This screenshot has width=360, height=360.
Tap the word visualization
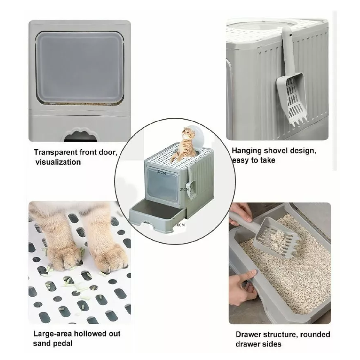(58, 162)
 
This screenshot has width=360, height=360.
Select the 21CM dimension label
(184, 189)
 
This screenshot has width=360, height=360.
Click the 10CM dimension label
(180, 224)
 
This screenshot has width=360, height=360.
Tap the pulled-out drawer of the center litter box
(156, 214)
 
